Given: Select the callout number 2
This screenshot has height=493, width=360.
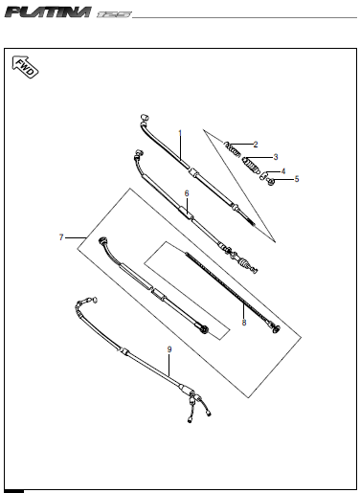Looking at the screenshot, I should (256, 144).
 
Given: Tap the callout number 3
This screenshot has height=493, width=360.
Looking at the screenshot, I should (276, 156).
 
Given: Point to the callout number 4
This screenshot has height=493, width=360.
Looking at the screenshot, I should (282, 170).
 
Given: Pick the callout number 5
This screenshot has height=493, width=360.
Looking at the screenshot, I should (296, 178).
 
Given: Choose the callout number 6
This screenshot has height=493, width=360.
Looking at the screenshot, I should (186, 193).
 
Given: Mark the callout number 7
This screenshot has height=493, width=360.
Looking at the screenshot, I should (61, 235).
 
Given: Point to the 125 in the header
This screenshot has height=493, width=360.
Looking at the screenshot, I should (113, 13).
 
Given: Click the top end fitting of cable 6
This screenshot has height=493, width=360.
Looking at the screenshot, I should (139, 153).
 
